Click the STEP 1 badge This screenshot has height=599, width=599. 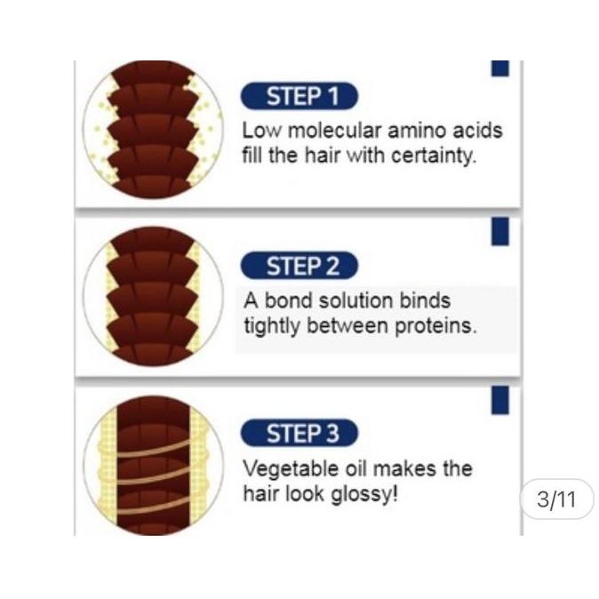(299, 96)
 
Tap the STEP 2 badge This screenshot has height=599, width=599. (299, 266)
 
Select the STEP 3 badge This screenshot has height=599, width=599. (299, 434)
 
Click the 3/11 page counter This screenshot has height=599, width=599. (556, 499)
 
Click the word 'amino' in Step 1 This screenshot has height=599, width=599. (417, 131)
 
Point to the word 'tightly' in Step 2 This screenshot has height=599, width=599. (272, 325)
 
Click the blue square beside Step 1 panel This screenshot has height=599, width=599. (500, 68)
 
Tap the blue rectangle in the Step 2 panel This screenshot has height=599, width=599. (500, 230)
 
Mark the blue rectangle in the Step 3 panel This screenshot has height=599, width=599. (500, 399)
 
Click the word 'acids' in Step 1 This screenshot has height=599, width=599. (476, 131)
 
